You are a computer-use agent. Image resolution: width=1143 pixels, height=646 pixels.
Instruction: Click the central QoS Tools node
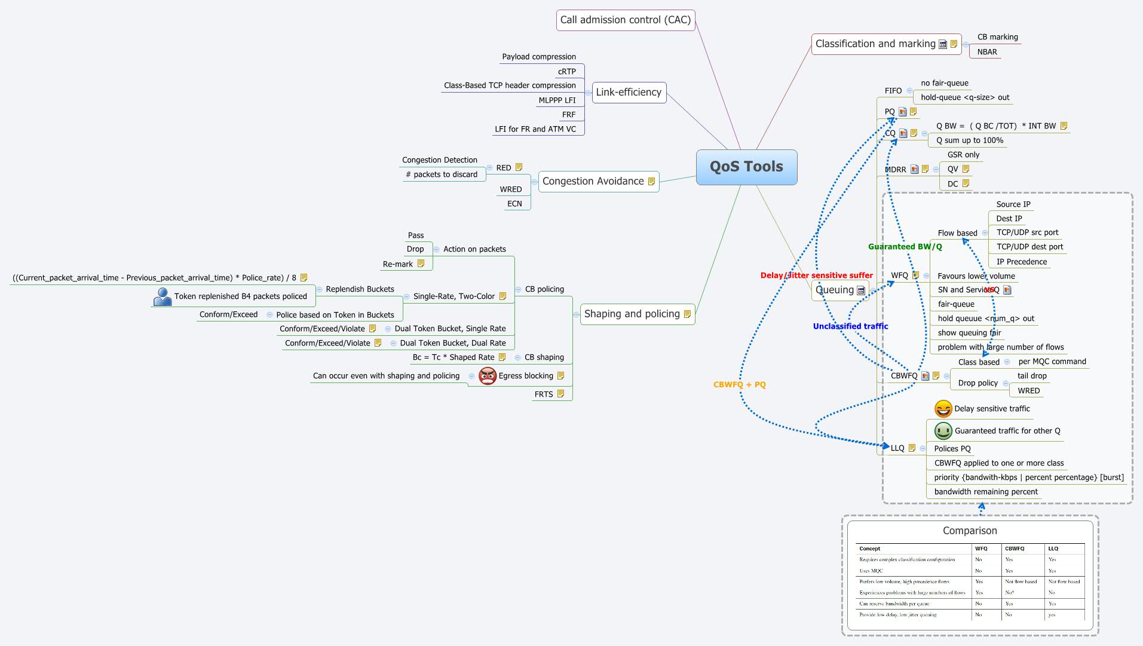point(746,167)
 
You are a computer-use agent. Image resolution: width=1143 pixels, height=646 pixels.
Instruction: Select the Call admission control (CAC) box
point(625,20)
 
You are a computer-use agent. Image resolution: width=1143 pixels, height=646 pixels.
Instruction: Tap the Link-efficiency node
point(629,92)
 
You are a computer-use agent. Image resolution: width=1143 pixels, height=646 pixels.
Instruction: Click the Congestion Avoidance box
point(593,181)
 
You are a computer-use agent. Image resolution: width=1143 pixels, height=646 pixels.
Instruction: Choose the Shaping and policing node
point(632,314)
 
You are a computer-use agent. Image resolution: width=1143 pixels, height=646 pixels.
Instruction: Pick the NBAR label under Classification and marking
point(987,52)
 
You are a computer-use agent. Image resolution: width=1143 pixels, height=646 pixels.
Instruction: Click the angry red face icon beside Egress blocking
point(488,376)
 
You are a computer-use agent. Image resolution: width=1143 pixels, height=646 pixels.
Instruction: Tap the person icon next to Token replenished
point(162,296)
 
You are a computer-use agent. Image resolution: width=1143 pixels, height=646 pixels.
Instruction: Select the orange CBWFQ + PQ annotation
point(739,385)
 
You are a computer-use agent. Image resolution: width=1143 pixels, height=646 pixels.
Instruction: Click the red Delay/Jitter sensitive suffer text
point(816,275)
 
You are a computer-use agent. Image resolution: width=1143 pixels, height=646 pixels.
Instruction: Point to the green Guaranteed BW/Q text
point(905,247)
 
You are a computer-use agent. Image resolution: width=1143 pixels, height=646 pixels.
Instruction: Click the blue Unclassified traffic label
point(850,326)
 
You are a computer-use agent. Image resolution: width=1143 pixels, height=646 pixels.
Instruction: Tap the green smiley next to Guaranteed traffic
point(943,431)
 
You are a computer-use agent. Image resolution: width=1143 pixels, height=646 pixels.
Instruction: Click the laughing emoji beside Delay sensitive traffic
point(943,409)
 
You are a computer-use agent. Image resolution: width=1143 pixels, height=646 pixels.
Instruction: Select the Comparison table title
point(969,531)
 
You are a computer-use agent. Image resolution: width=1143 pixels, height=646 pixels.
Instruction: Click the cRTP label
point(566,72)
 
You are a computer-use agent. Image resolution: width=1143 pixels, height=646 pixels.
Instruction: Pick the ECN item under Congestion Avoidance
point(514,204)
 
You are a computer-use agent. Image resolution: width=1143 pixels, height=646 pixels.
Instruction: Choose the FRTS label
point(543,394)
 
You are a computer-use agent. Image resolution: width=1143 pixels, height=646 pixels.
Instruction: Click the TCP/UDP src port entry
point(1027,232)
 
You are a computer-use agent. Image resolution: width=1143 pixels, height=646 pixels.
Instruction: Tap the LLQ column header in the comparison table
point(1053,549)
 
